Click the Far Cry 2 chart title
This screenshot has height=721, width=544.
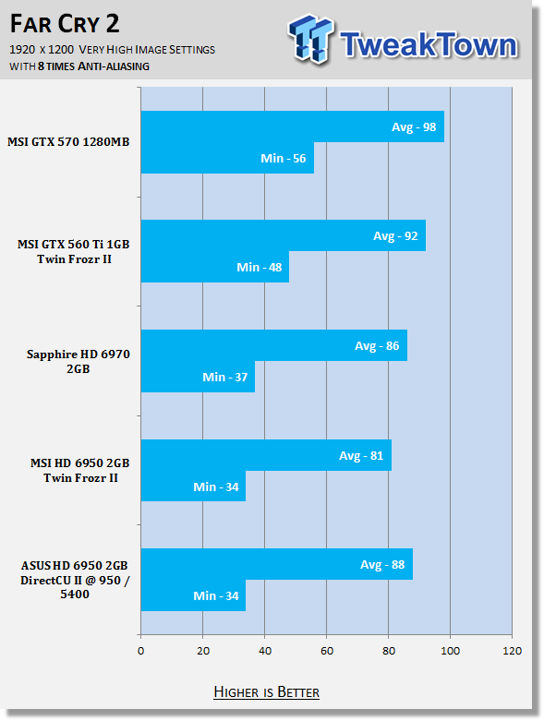coord(65,24)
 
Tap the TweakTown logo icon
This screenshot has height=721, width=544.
coord(311,39)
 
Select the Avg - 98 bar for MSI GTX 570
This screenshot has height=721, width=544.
coord(293,126)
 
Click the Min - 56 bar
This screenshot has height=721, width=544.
coord(227,158)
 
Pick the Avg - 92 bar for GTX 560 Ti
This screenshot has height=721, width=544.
coord(284,235)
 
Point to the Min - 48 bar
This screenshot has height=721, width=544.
coord(215,267)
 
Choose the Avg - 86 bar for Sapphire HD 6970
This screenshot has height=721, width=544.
coord(274,345)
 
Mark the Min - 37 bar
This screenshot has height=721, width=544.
coord(199,377)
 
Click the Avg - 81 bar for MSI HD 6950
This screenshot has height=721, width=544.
coord(266,455)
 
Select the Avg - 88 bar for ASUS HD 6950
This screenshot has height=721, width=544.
coord(277,564)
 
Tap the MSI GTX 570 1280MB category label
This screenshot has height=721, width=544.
coord(68,141)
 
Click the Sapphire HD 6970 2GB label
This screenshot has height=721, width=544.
coord(79,361)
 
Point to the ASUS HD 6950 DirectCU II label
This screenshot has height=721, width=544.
coord(75,580)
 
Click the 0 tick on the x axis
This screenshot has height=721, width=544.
coord(140,651)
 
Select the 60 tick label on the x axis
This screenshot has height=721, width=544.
coord(326,651)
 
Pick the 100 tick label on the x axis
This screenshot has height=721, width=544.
coord(450,651)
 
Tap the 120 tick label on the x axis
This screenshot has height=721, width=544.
coord(513,651)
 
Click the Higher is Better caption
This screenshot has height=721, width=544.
coord(266,692)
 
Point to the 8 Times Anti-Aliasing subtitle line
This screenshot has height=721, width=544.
coord(79,66)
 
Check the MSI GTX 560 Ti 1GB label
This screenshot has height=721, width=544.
coord(74,251)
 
